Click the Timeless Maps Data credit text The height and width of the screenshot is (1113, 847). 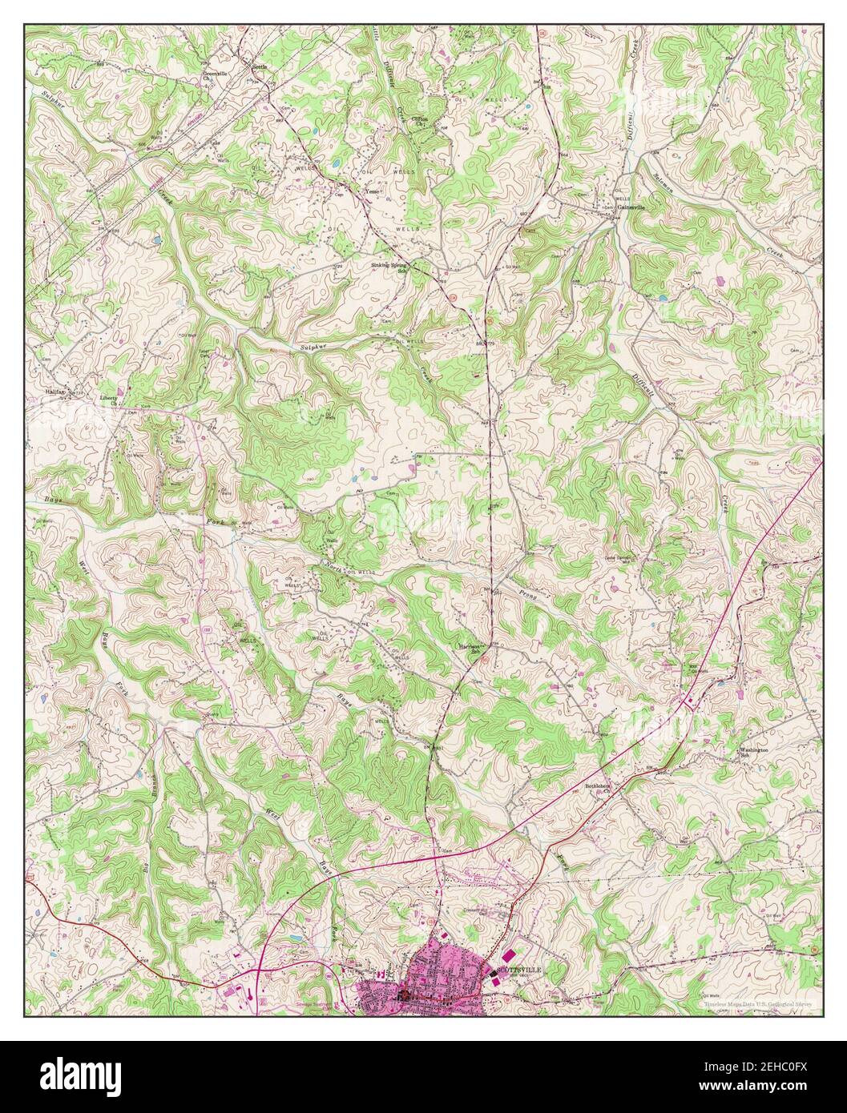pyautogui.click(x=756, y=1003)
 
